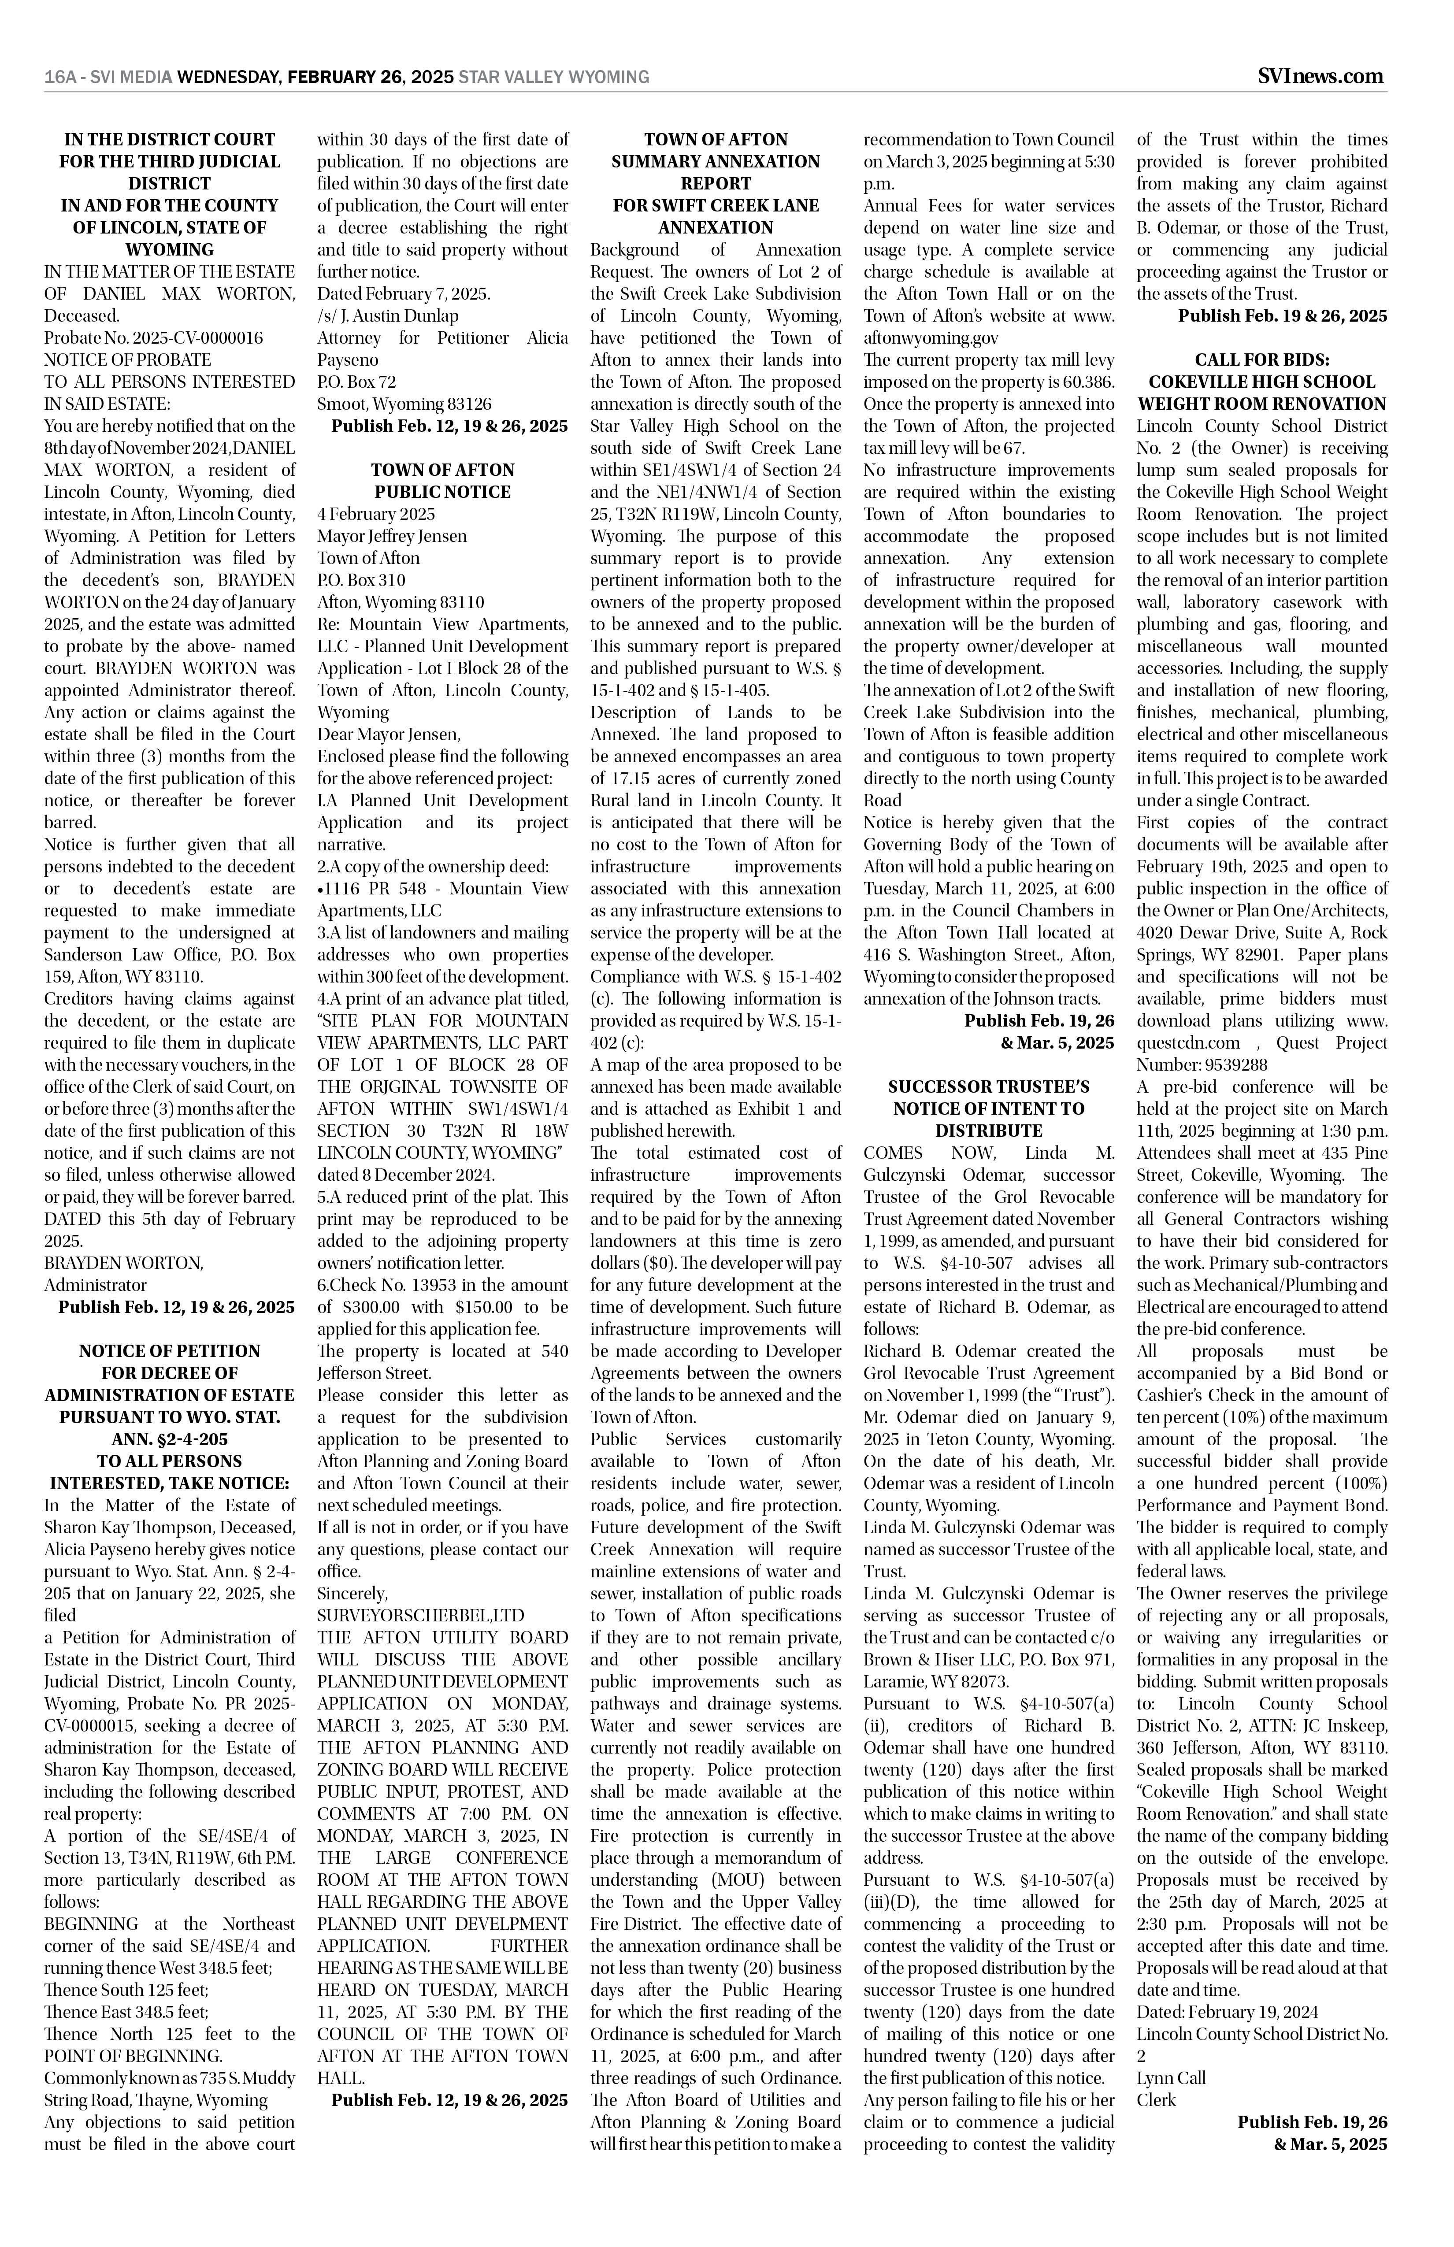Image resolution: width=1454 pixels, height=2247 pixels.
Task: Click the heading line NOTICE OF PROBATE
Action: (x=127, y=360)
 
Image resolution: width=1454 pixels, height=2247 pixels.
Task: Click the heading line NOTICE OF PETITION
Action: (x=170, y=1351)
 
